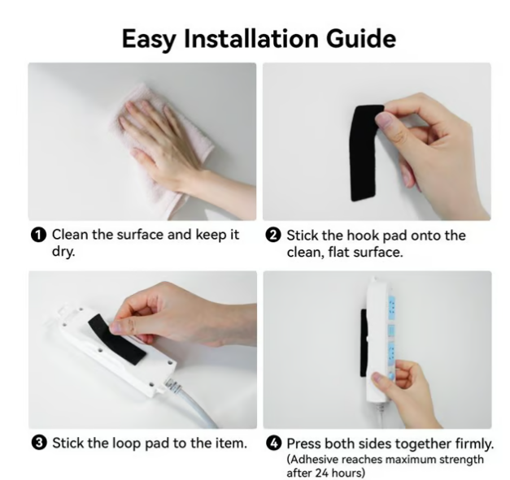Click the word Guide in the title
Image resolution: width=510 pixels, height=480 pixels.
coord(360,38)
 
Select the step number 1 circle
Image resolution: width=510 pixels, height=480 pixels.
coord(38,236)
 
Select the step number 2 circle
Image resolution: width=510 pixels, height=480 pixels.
coord(272,236)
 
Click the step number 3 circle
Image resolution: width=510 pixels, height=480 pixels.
coord(39,443)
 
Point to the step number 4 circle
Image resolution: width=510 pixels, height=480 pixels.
coord(273,443)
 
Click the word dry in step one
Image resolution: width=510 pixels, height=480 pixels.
coord(63,251)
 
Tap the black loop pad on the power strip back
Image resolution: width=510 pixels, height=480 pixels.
coord(117,339)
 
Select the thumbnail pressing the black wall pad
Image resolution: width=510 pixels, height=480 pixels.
coord(383,121)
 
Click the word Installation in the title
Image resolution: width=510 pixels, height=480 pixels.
coord(251,38)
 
